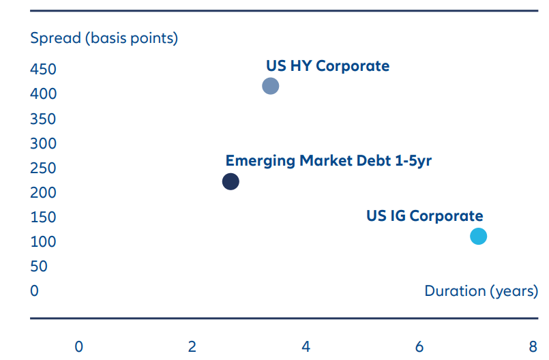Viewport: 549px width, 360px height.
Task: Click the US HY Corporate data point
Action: click(271, 86)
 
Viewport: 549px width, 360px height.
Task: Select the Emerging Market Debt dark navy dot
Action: click(231, 181)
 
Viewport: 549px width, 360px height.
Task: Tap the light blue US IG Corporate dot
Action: click(478, 237)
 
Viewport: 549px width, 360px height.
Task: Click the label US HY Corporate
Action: click(327, 66)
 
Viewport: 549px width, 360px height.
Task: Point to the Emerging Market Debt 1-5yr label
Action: click(329, 161)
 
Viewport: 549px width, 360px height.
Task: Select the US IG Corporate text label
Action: click(424, 216)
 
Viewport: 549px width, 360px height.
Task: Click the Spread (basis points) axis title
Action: click(104, 37)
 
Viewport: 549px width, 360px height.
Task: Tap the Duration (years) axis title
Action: click(481, 291)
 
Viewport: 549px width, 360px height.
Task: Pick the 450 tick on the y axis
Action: click(43, 70)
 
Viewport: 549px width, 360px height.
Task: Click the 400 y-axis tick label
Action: click(43, 94)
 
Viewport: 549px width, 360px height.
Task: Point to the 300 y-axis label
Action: click(43, 143)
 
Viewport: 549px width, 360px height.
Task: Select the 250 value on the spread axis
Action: click(43, 168)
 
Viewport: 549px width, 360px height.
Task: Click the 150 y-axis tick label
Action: click(43, 217)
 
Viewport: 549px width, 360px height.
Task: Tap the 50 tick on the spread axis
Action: click(39, 266)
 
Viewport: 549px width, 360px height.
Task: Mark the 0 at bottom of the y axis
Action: click(35, 291)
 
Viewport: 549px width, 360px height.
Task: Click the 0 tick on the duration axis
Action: click(79, 346)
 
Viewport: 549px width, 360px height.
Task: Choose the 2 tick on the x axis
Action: click(192, 346)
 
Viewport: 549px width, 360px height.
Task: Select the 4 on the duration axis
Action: click(306, 346)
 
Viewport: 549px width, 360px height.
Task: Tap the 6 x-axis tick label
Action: click(419, 346)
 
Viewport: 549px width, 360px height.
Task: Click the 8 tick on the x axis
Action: click(533, 346)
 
